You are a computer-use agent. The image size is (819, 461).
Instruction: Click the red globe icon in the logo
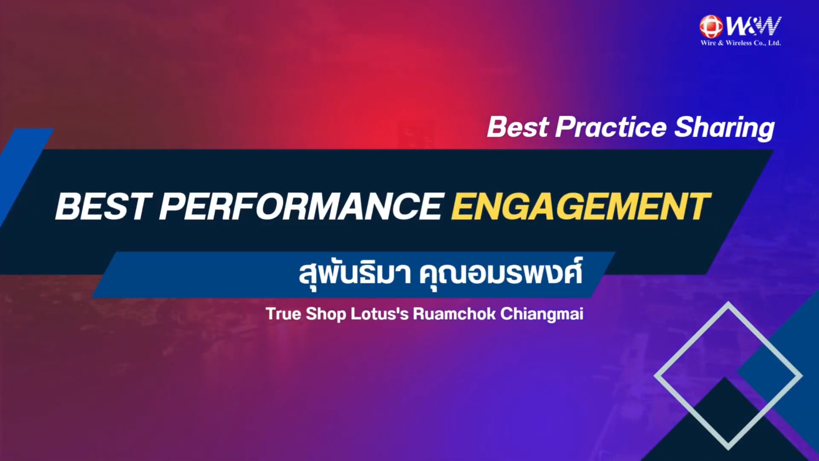(711, 26)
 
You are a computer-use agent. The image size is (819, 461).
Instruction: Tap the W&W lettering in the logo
(753, 26)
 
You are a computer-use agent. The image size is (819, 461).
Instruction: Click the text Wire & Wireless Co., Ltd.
(741, 43)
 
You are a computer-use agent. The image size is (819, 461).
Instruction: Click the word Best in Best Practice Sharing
(518, 127)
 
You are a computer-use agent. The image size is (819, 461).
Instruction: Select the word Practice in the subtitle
(611, 127)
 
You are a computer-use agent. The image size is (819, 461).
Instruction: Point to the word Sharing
(724, 128)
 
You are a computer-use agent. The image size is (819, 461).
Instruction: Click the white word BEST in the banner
(104, 207)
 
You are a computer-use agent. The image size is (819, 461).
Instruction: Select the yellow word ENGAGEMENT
(581, 207)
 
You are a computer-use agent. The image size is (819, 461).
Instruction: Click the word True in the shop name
(283, 314)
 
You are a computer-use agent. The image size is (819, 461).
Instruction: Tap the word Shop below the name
(326, 315)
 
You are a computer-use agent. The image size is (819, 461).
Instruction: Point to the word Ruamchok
(454, 314)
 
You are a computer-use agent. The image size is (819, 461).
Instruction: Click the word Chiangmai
(542, 315)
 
